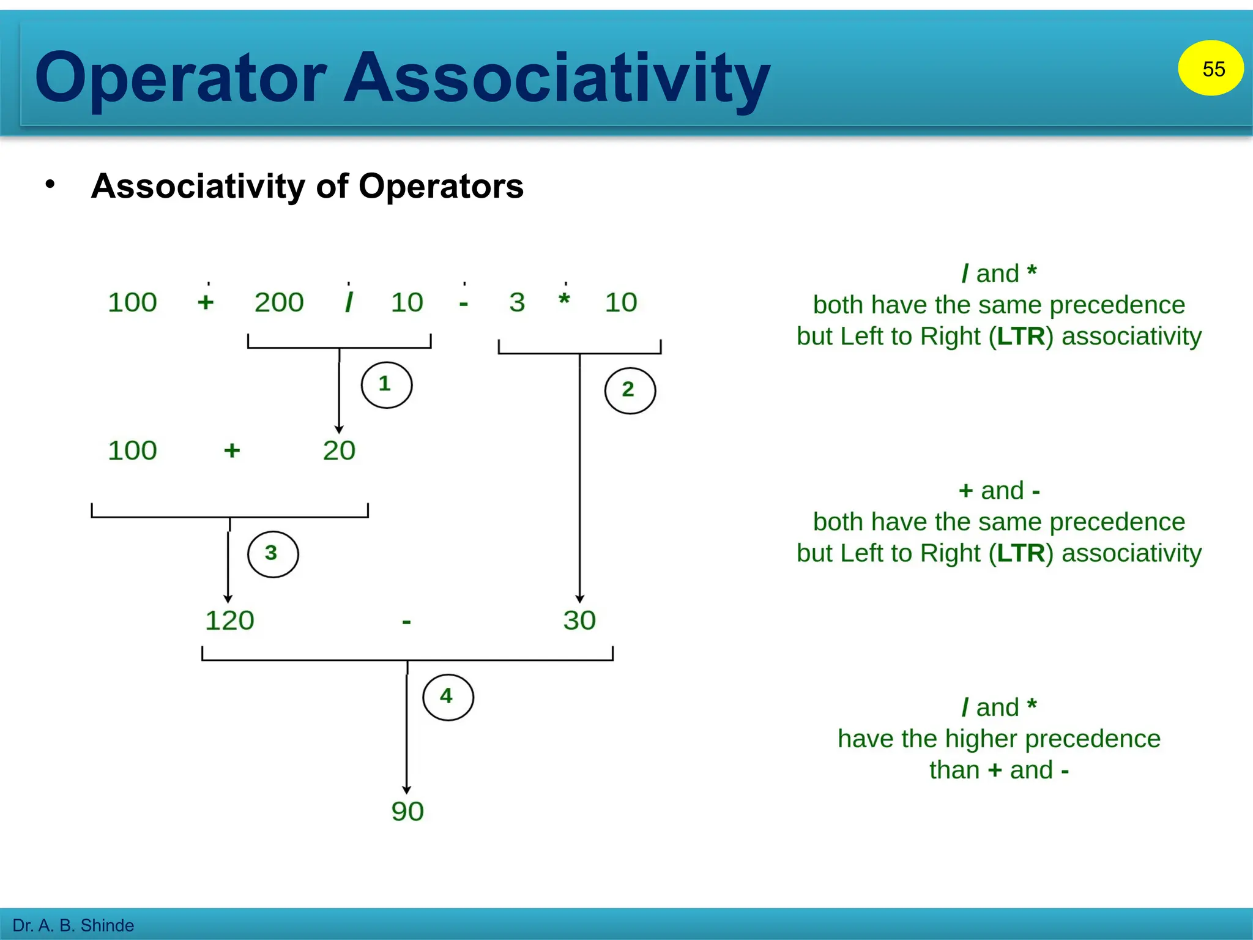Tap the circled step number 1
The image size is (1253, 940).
coord(386,385)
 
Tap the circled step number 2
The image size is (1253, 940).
coord(630,390)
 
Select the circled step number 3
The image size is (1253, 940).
coord(272,554)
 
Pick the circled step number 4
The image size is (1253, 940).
coord(447,697)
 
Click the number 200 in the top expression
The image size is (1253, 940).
coord(279,302)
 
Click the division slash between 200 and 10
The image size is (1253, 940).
coord(349,302)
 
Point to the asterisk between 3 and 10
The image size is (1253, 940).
coord(564,300)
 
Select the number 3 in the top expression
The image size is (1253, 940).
coord(517,302)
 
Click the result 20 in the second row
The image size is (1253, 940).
coord(339,451)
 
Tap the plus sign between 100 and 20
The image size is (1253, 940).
coord(232,451)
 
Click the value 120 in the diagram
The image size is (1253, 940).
coord(229,621)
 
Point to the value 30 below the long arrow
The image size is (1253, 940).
coord(579,621)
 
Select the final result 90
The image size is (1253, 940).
coord(407,811)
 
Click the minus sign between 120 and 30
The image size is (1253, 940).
coord(406,623)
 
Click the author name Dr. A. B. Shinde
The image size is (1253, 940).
coord(73,925)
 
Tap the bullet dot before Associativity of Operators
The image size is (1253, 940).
coord(50,184)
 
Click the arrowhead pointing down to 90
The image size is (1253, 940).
coord(407,790)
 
